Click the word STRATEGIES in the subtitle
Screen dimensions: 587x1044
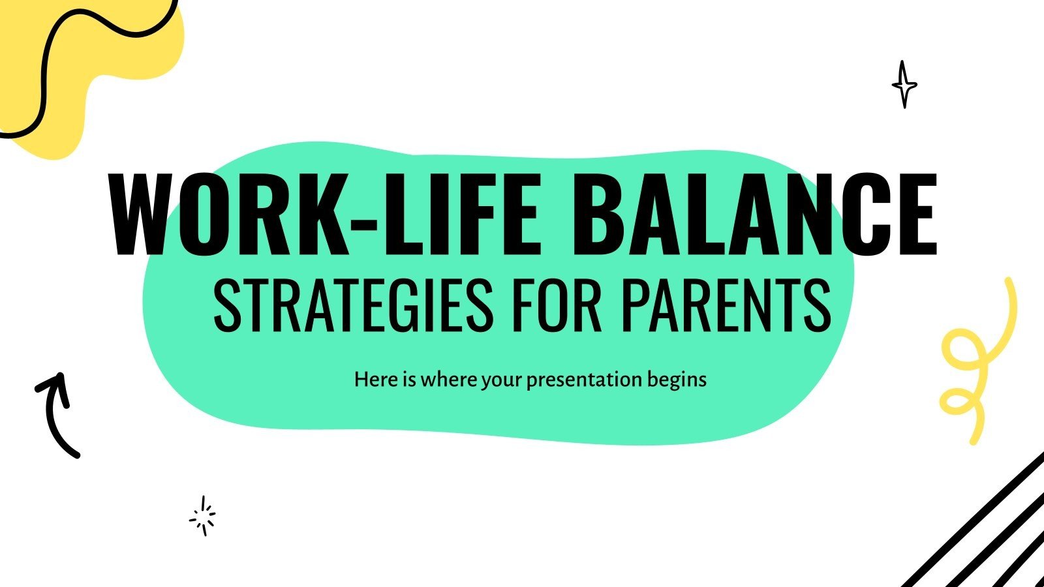coord(353,305)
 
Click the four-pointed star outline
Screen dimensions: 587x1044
coord(904,85)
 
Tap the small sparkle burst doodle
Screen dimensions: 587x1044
coord(203,516)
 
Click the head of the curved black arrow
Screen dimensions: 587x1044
coord(54,382)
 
